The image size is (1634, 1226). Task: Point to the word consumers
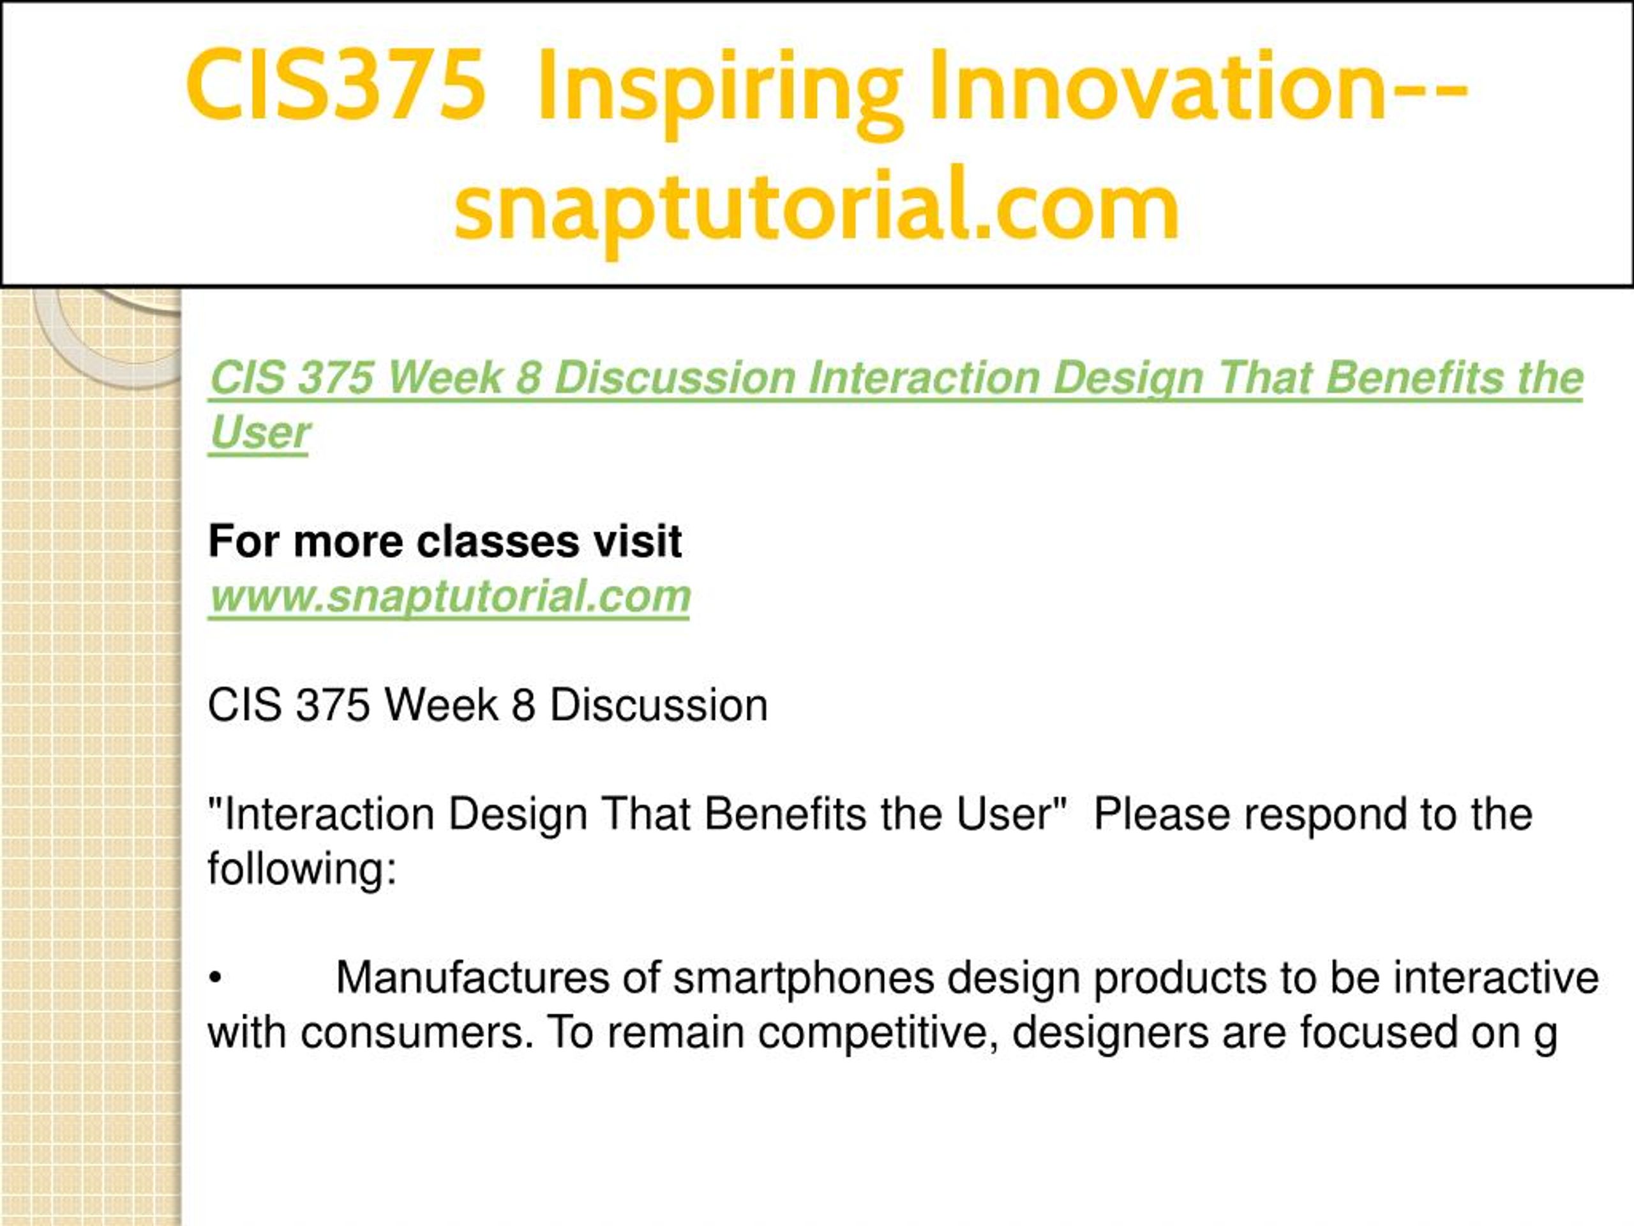click(x=417, y=1033)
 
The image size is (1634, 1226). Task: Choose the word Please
click(x=1162, y=814)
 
